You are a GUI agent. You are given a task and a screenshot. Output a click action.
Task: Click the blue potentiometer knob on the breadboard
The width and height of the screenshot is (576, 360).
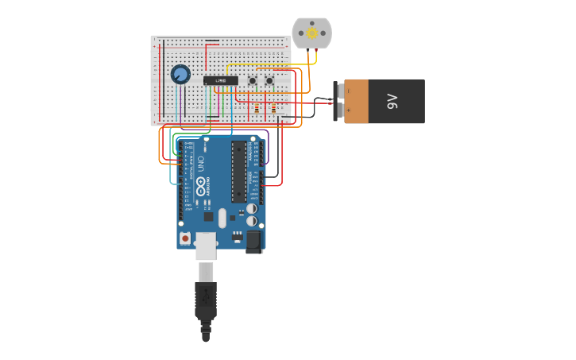pyautogui.click(x=180, y=75)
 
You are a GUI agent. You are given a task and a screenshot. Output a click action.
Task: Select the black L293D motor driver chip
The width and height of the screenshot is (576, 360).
pyautogui.click(x=220, y=80)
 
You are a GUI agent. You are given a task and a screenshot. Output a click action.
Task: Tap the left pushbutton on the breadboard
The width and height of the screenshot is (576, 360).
pyautogui.click(x=253, y=81)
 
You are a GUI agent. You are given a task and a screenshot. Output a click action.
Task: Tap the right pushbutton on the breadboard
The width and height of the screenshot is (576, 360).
pyautogui.click(x=269, y=81)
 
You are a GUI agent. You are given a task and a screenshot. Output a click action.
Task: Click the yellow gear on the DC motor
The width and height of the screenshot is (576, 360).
pyautogui.click(x=311, y=33)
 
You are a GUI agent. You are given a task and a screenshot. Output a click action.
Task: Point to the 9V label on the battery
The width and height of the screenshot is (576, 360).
pyautogui.click(x=392, y=101)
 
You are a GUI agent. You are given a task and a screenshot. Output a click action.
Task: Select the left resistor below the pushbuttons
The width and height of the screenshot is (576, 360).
pyautogui.click(x=257, y=107)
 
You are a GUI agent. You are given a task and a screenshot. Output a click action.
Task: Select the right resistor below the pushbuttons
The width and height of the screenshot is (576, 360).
pyautogui.click(x=274, y=107)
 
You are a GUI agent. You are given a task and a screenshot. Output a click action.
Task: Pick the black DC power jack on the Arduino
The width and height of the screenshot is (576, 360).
pyautogui.click(x=254, y=241)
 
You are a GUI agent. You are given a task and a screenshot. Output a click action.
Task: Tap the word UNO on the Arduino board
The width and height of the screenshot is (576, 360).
pyautogui.click(x=201, y=165)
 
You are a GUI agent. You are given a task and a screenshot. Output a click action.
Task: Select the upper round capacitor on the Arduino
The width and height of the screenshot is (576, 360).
pyautogui.click(x=251, y=209)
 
